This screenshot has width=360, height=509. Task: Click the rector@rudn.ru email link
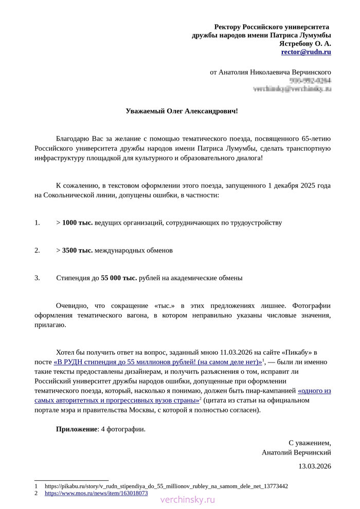point(305,52)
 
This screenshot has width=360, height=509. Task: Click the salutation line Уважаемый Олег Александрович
point(182,111)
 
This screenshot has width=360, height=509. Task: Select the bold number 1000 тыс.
point(77,223)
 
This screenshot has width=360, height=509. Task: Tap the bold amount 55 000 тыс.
point(119,278)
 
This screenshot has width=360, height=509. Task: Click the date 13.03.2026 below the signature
point(315,466)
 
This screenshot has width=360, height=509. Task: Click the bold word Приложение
point(77,429)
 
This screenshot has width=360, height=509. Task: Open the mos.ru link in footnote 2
point(96,493)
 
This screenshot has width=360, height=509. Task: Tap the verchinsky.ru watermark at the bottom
point(188,500)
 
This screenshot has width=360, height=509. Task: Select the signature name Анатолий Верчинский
point(296,452)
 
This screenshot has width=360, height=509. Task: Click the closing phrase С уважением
point(310,443)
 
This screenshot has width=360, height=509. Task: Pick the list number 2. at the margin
point(37,250)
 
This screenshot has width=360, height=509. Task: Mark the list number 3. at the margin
point(37,278)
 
